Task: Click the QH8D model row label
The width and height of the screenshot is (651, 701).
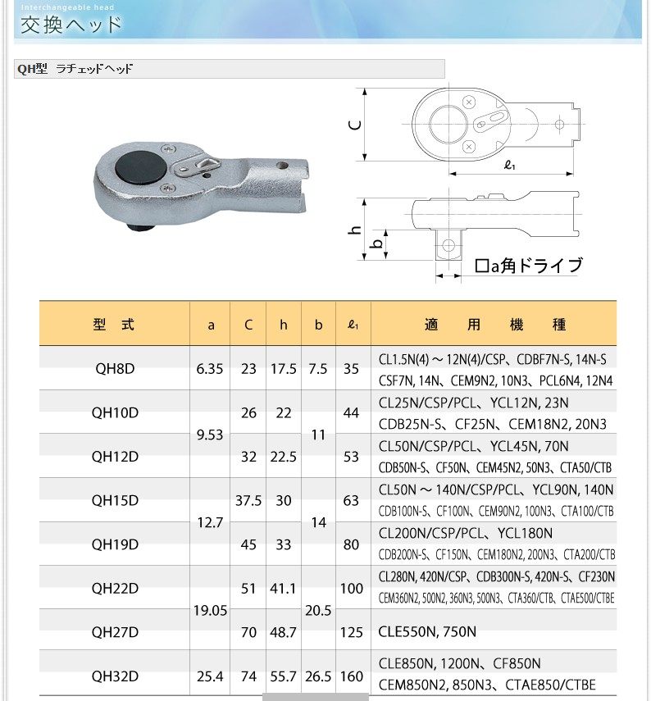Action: (114, 369)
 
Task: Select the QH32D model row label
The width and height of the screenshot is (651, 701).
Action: (114, 676)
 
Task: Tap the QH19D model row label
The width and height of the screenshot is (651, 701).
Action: (114, 544)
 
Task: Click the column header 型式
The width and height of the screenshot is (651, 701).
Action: (114, 325)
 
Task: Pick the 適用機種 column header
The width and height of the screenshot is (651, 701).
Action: (496, 325)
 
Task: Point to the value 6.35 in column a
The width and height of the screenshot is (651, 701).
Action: (210, 369)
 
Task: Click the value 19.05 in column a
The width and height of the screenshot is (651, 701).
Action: (210, 610)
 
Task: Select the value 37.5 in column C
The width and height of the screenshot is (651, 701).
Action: (248, 500)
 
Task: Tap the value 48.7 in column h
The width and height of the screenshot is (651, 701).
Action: (284, 632)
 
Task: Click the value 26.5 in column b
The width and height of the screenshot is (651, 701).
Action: (318, 676)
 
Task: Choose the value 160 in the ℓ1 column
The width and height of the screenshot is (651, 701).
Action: (352, 676)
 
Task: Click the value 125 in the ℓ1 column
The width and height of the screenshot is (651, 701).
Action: (352, 632)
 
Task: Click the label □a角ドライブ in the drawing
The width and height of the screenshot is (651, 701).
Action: (529, 266)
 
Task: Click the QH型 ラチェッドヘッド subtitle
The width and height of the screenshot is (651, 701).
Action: (75, 69)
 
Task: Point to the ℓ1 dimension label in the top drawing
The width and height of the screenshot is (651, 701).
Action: (509, 166)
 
